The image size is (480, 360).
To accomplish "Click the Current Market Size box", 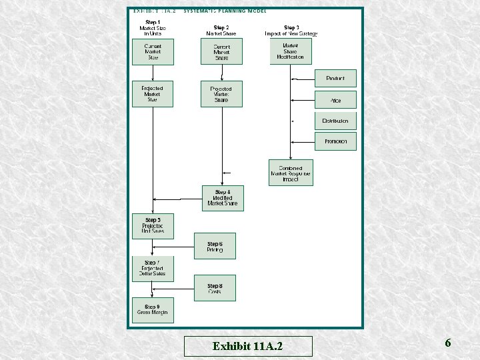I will click(153, 52).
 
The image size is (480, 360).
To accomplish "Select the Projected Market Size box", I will click(152, 94).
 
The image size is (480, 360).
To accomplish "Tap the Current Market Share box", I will click(221, 52).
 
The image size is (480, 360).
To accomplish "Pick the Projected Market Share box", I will click(221, 94).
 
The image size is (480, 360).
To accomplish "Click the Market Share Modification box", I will click(290, 51).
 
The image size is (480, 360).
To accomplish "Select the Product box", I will click(335, 79).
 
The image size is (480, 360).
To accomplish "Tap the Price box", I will click(335, 100).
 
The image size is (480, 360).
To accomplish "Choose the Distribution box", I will click(335, 121).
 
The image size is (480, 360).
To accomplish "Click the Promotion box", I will click(335, 141).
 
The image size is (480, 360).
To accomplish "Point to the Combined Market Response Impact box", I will click(291, 173).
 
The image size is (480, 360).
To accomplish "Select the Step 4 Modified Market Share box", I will click(223, 198).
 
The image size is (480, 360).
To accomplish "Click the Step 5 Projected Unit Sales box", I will click(153, 225).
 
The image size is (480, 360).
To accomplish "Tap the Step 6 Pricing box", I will click(215, 246).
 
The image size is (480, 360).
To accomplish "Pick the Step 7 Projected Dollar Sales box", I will click(153, 268).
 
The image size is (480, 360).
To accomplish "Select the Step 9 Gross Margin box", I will click(153, 310).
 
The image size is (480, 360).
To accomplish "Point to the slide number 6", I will click(447, 343).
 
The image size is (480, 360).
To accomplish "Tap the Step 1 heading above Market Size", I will click(153, 22).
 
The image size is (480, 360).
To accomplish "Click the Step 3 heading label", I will click(291, 27).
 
